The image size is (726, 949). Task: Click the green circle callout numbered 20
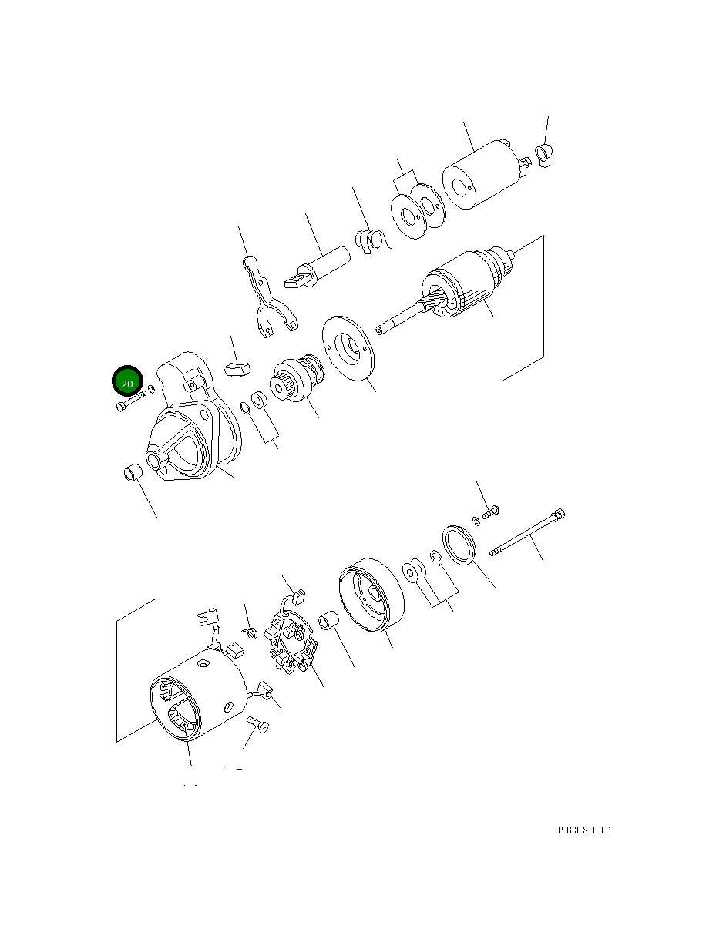[x=128, y=382]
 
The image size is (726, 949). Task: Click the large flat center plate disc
[x=351, y=348]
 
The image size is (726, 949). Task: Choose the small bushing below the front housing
[x=133, y=471]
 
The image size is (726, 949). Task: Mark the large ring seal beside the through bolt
[x=459, y=545]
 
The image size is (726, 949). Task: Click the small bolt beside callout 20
[x=132, y=401]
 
